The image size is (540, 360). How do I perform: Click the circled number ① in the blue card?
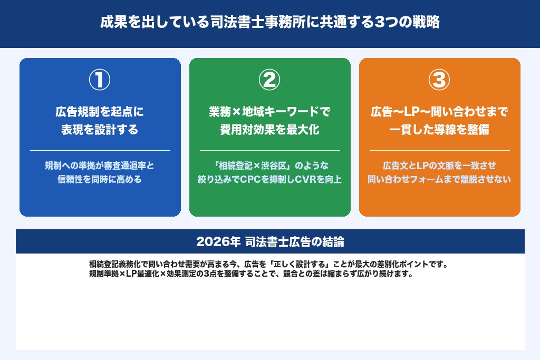click(100, 80)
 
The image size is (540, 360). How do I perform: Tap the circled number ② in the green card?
click(269, 80)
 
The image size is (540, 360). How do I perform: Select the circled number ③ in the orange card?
click(439, 80)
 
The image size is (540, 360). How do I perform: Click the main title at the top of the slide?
click(269, 24)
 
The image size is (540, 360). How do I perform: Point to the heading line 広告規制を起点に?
click(100, 112)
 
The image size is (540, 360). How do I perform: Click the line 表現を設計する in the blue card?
click(100, 130)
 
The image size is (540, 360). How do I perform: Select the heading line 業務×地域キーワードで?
click(269, 112)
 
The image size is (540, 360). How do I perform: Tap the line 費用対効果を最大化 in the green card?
click(269, 130)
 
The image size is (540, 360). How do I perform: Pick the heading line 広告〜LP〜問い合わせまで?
click(439, 112)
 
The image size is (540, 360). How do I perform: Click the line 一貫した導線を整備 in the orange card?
click(439, 130)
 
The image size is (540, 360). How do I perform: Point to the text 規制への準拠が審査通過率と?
click(100, 166)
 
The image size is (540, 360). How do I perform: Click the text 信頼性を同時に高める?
click(100, 179)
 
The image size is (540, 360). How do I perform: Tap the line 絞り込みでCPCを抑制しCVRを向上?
click(269, 179)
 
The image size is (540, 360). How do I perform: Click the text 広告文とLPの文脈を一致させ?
click(439, 166)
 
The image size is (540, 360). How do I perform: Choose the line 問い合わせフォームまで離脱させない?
click(439, 179)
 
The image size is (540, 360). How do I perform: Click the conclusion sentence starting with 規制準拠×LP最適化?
click(250, 274)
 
